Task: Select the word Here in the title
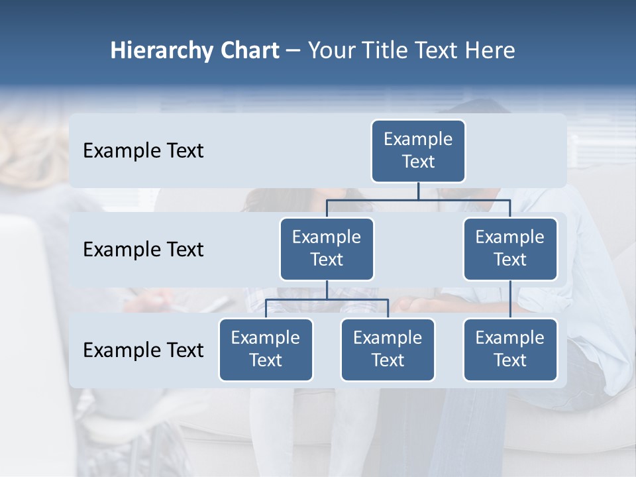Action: [x=490, y=51]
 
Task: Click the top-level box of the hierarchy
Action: [x=418, y=151]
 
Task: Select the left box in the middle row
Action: [x=327, y=249]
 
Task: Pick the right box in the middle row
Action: [x=510, y=249]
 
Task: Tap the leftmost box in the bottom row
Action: [x=266, y=350]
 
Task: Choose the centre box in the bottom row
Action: [x=388, y=350]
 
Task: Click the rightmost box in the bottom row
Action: [x=510, y=350]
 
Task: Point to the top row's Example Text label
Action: [x=143, y=151]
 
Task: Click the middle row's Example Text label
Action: [x=143, y=250]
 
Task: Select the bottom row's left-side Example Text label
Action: [x=143, y=350]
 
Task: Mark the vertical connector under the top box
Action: [x=418, y=191]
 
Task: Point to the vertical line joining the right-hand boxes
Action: [x=510, y=299]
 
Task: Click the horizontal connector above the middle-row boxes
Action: [x=418, y=200]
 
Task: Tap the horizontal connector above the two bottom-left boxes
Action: [x=327, y=299]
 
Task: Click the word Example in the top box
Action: [x=418, y=139]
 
